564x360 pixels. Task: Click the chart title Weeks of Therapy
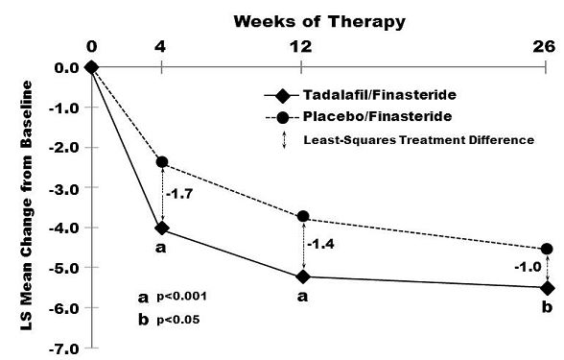pos(319,22)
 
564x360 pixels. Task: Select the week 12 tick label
pos(301,47)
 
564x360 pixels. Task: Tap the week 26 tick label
pos(544,47)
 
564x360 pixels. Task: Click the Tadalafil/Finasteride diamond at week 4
pos(162,228)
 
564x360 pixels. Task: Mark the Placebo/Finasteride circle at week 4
pos(162,162)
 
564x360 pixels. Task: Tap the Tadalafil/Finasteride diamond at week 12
pos(303,276)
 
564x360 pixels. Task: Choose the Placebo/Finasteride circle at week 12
pos(303,216)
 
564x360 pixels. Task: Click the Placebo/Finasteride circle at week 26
pos(547,249)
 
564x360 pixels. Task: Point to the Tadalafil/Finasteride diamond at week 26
pos(548,288)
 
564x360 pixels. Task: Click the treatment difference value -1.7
pos(179,194)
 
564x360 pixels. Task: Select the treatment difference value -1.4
pos(320,245)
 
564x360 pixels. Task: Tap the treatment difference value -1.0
pos(528,268)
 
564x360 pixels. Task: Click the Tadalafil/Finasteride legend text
pos(380,95)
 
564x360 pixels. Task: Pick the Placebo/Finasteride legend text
pos(378,117)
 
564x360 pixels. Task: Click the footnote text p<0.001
pos(182,297)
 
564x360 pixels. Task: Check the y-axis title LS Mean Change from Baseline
pos(26,205)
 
